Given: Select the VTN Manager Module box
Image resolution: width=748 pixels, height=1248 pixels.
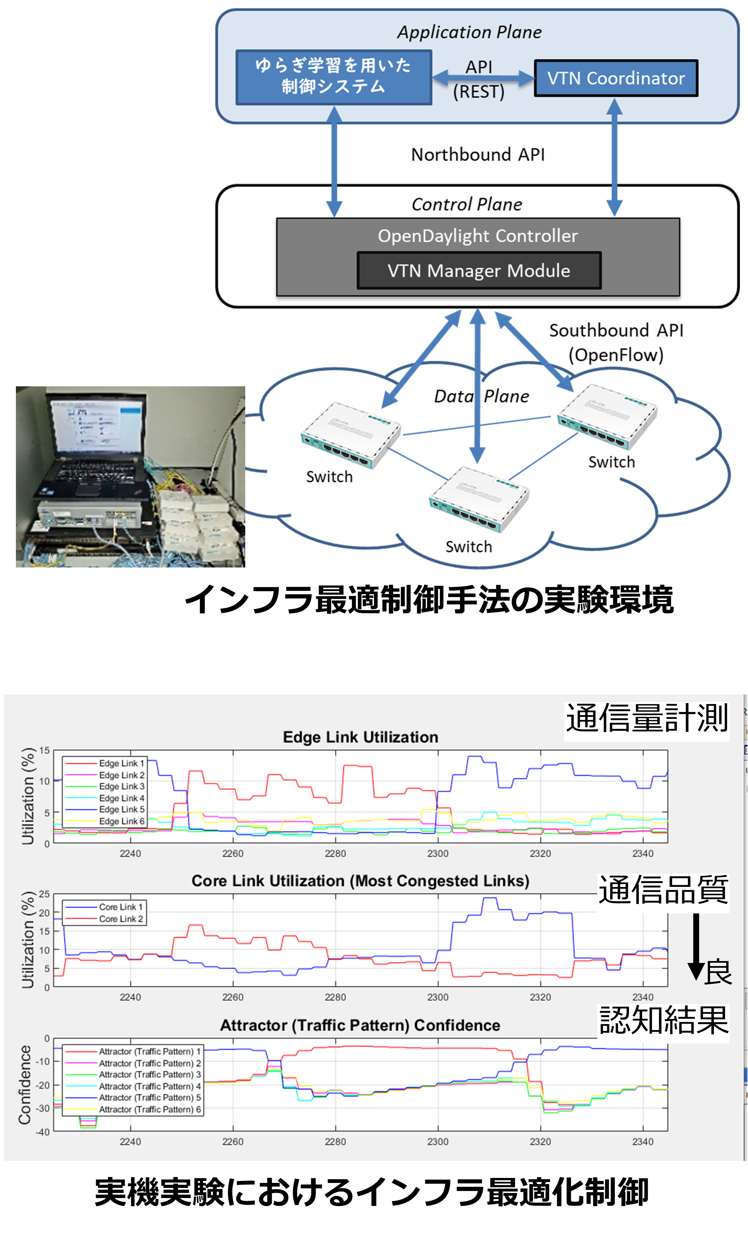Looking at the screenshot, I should coord(478,270).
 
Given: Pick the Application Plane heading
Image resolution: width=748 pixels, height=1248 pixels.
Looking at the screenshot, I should coord(469,32).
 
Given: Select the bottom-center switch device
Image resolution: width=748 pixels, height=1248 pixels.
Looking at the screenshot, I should coord(478,499).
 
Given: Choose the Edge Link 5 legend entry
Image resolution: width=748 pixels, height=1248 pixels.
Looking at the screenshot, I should coord(121,809).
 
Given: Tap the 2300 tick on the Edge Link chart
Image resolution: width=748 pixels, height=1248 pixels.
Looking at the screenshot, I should coord(437,853).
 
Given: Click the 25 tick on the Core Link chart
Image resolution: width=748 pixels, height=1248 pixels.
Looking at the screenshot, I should coord(44,894).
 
